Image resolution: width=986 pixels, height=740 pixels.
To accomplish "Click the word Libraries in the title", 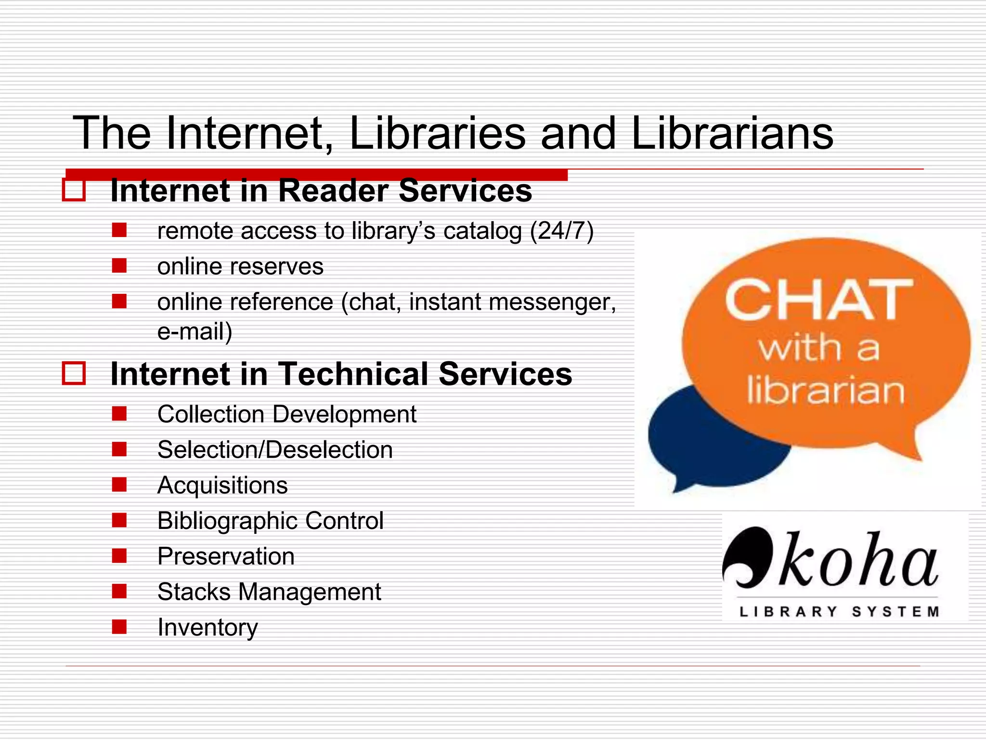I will click(x=437, y=133).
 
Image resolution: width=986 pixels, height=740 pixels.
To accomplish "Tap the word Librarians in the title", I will click(x=732, y=133).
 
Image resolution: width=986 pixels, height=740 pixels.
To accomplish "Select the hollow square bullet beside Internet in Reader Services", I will click(x=74, y=190).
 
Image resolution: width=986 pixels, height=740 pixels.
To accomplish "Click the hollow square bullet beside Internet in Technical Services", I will click(x=74, y=373).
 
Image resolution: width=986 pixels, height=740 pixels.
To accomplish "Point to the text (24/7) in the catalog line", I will click(x=561, y=231).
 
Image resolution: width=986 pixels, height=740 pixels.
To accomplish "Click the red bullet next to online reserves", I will click(x=119, y=265).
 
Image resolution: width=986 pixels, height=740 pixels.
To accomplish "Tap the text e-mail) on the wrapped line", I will click(x=195, y=332).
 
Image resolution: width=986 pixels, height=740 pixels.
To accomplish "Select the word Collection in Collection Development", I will click(x=211, y=414).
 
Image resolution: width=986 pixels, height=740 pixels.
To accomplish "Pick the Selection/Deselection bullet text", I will click(x=275, y=450).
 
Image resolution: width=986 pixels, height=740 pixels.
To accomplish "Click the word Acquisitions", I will click(x=222, y=485).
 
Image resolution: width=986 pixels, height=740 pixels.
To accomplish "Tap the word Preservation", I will click(x=226, y=556).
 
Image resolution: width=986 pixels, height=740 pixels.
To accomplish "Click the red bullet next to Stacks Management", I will click(x=119, y=591).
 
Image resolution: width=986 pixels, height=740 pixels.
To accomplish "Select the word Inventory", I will click(x=208, y=628).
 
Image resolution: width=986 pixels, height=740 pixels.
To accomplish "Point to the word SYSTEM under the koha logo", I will click(x=895, y=612).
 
